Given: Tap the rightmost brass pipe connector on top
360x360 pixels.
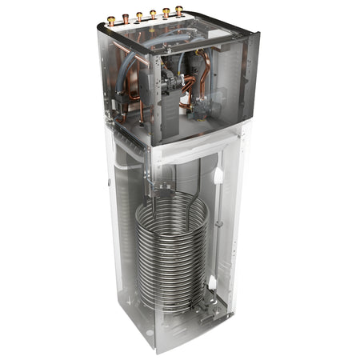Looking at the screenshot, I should coord(179,11).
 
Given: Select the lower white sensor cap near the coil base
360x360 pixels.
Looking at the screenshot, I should coord(212,282).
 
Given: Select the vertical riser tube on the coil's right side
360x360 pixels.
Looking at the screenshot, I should coord(206,240).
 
